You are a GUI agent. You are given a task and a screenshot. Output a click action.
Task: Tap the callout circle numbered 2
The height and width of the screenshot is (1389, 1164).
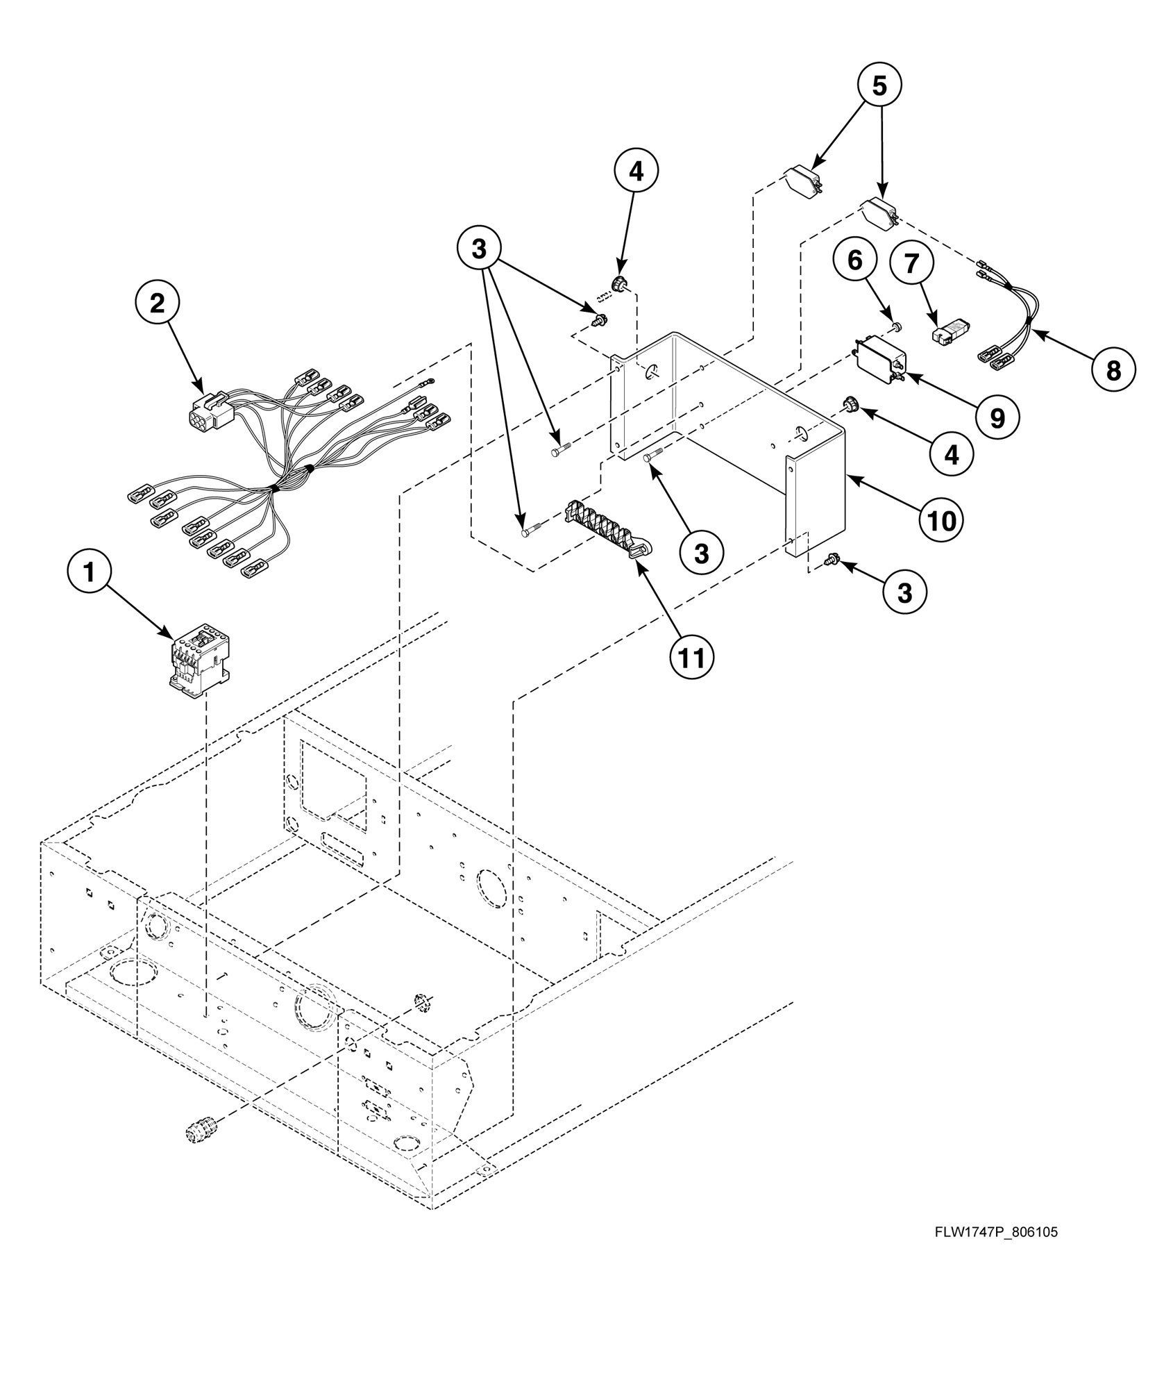click(x=158, y=303)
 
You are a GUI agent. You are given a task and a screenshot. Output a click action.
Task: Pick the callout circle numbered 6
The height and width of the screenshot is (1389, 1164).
click(x=854, y=260)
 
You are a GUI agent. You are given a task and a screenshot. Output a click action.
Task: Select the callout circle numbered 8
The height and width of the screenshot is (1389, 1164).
click(x=1113, y=370)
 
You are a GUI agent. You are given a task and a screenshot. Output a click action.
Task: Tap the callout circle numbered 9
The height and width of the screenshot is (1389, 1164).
click(x=997, y=418)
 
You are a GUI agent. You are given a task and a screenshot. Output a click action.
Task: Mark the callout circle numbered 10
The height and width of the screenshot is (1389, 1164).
click(x=941, y=519)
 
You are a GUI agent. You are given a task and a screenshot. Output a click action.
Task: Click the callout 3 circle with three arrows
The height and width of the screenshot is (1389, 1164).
click(x=479, y=249)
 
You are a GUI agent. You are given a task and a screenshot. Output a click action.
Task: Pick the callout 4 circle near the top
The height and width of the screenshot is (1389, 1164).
click(x=636, y=171)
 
